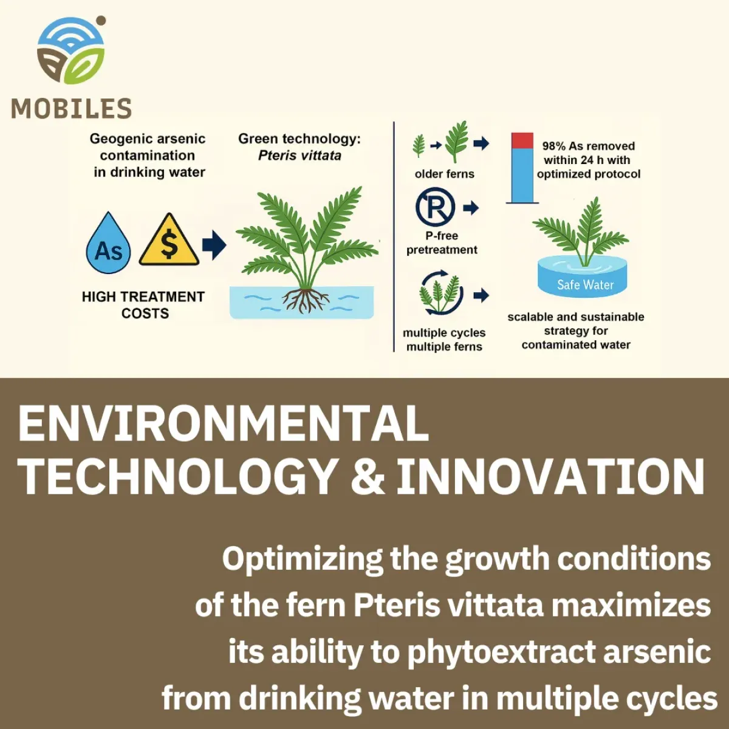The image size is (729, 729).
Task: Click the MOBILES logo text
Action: [x=71, y=109]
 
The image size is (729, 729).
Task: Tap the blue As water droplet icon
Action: [x=108, y=245]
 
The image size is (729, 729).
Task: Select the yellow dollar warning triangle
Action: [x=169, y=241]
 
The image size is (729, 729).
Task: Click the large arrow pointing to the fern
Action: [x=214, y=245]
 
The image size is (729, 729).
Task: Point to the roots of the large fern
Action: [x=304, y=299]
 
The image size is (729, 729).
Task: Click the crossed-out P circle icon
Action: [x=435, y=207]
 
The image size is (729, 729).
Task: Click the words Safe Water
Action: [x=585, y=284]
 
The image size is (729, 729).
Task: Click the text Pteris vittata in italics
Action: [x=299, y=156]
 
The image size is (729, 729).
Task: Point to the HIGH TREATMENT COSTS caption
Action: [x=143, y=305]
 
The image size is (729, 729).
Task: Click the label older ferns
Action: [x=444, y=174]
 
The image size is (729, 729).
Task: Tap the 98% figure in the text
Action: [x=553, y=146]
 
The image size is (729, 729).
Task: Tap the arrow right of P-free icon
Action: [x=471, y=208]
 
